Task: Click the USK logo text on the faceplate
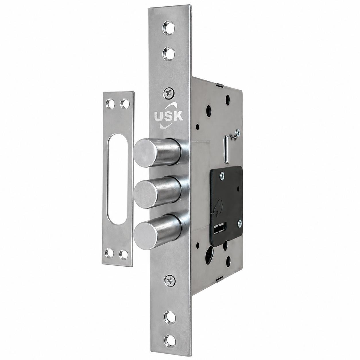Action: pos(169,116)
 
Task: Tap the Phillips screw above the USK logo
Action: pos(169,93)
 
